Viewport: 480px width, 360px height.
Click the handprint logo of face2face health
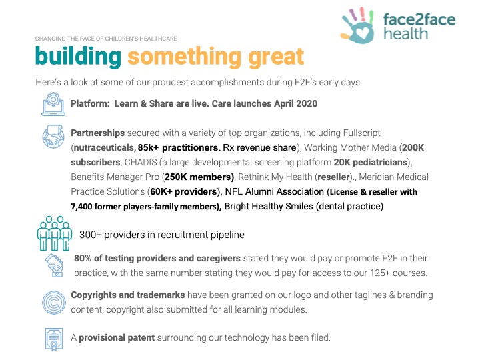pyautogui.click(x=357, y=25)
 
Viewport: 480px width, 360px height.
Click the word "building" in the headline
pyautogui.click(x=79, y=57)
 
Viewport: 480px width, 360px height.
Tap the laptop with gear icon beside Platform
pyautogui.click(x=53, y=104)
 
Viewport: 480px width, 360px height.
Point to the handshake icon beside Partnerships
pyautogui.click(x=53, y=137)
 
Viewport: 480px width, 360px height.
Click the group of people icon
pyautogui.click(x=55, y=233)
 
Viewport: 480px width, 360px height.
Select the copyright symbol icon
pyautogui.click(x=53, y=303)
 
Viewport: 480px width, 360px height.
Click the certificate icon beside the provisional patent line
pyautogui.click(x=54, y=339)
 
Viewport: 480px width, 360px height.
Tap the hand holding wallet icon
pyautogui.click(x=54, y=265)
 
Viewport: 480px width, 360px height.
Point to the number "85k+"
pyautogui.click(x=149, y=147)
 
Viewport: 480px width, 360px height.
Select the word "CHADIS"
pyautogui.click(x=141, y=162)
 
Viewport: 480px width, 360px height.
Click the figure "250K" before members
pyautogui.click(x=176, y=177)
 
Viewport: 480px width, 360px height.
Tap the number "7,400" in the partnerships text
pyautogui.click(x=81, y=207)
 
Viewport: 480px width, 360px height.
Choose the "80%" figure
pyautogui.click(x=83, y=258)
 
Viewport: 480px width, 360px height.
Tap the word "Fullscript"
pyautogui.click(x=361, y=133)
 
